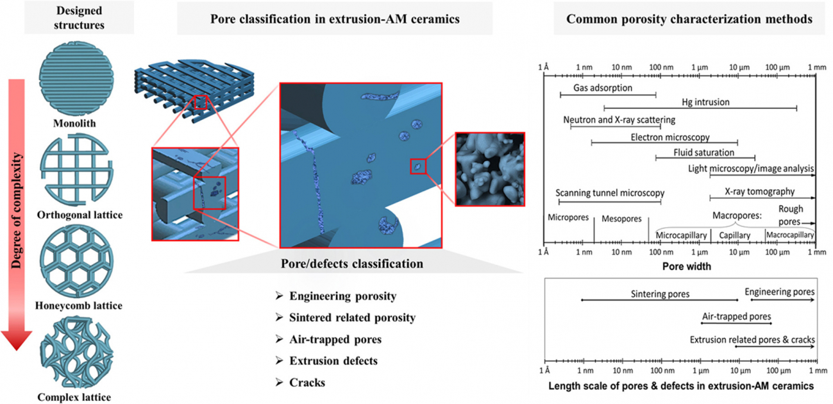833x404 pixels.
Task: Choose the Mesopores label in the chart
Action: point(621,219)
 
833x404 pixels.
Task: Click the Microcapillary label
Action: point(681,235)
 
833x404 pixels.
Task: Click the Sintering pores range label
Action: point(660,294)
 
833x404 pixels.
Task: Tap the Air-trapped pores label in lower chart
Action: point(736,316)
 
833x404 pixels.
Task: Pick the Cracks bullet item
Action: point(307,382)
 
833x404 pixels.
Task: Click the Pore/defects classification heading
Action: point(352,264)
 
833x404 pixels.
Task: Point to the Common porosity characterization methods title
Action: point(689,19)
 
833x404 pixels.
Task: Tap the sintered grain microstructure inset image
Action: point(489,169)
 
